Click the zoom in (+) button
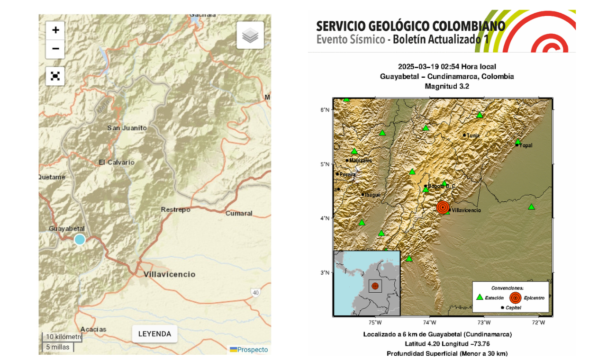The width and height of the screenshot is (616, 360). [55, 30]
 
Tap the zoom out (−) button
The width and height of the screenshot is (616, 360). [55, 49]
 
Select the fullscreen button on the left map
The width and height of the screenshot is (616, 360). [55, 76]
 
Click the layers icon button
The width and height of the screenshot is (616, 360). [250, 35]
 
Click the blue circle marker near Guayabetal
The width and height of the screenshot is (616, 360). [80, 239]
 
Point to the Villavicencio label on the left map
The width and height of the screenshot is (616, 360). [170, 274]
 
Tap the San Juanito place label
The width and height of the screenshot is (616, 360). [127, 128]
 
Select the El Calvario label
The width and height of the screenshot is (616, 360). [117, 162]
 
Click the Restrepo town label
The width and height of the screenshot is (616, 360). [175, 209]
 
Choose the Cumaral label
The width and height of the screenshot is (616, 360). [239, 213]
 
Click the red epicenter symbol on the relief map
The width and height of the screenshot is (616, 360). [443, 207]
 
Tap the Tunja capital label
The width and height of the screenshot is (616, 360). [473, 135]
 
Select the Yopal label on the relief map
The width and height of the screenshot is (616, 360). [526, 145]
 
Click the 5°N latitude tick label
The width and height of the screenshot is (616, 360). [325, 164]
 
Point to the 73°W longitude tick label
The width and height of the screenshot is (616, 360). [484, 323]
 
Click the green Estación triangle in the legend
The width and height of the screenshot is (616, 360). [480, 297]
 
